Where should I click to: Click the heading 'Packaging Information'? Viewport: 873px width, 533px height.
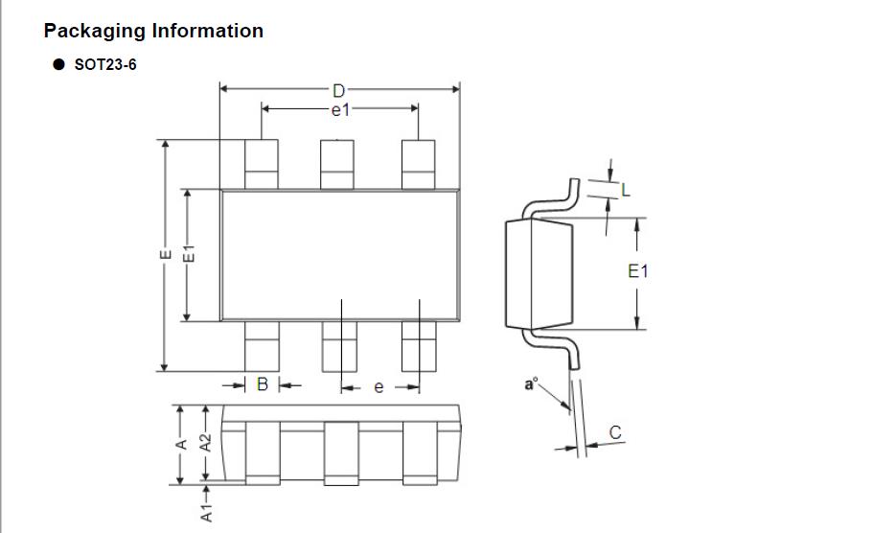[153, 31]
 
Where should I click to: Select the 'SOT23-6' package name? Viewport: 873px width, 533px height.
[104, 65]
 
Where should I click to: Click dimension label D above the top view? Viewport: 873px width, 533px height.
[338, 91]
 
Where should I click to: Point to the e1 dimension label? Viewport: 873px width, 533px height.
[340, 110]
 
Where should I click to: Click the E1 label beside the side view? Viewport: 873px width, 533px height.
[638, 271]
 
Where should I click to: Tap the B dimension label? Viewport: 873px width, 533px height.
[262, 385]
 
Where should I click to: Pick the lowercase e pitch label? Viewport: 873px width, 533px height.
[379, 387]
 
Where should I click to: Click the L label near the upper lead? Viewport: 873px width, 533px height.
[626, 191]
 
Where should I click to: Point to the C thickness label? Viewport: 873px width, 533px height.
[615, 433]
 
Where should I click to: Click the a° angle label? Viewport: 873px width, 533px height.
[532, 385]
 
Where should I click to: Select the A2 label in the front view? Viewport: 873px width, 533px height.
[204, 443]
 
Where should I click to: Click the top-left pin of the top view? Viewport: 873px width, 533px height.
[261, 164]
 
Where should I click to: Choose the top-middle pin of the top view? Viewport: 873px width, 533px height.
[336, 164]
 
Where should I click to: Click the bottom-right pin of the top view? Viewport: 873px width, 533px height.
[418, 346]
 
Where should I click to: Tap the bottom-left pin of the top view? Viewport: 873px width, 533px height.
[261, 346]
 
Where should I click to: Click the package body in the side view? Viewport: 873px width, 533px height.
[538, 274]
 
